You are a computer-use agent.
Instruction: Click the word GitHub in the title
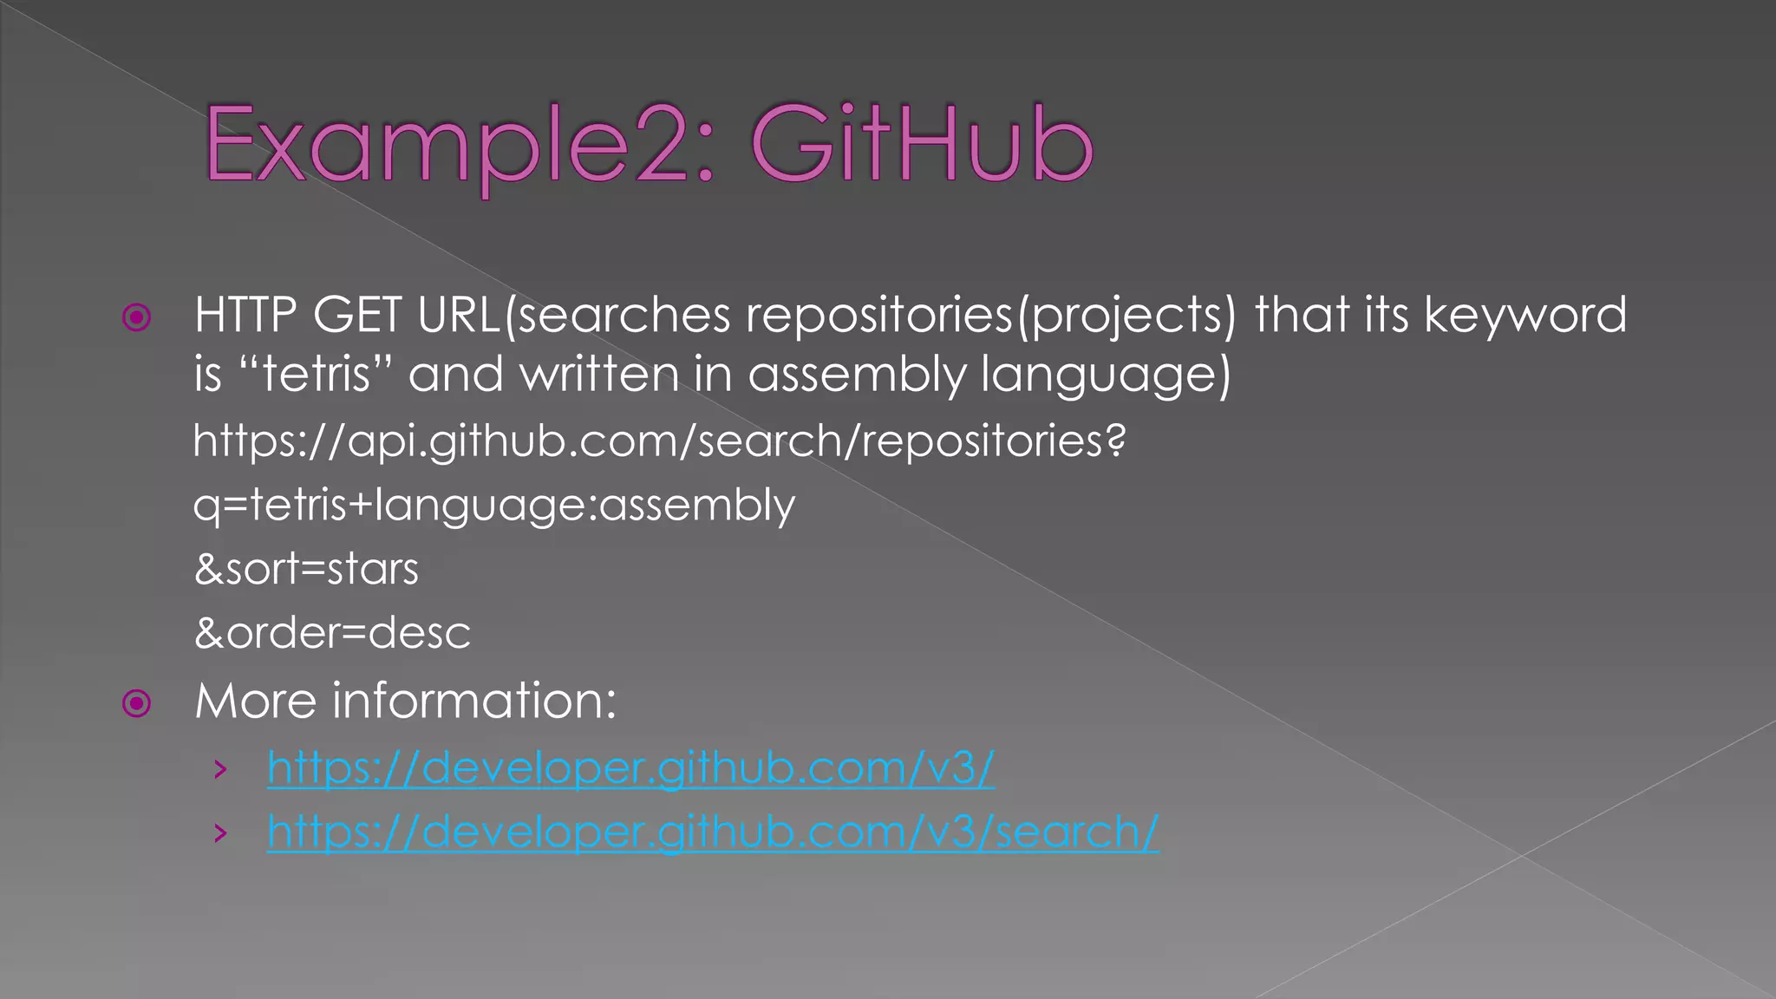[921, 144]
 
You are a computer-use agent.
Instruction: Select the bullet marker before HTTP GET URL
[137, 317]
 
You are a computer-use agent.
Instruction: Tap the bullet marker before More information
[137, 702]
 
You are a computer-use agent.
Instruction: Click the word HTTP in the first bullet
[245, 315]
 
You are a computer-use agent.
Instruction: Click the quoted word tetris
[317, 375]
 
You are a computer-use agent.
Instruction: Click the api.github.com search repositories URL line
[659, 441]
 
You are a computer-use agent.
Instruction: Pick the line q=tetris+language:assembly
[493, 505]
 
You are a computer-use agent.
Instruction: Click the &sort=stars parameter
[306, 569]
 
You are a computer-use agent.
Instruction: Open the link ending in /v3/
[630, 768]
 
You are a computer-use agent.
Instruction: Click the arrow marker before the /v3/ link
[221, 769]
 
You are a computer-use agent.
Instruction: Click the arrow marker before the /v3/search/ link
[221, 833]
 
